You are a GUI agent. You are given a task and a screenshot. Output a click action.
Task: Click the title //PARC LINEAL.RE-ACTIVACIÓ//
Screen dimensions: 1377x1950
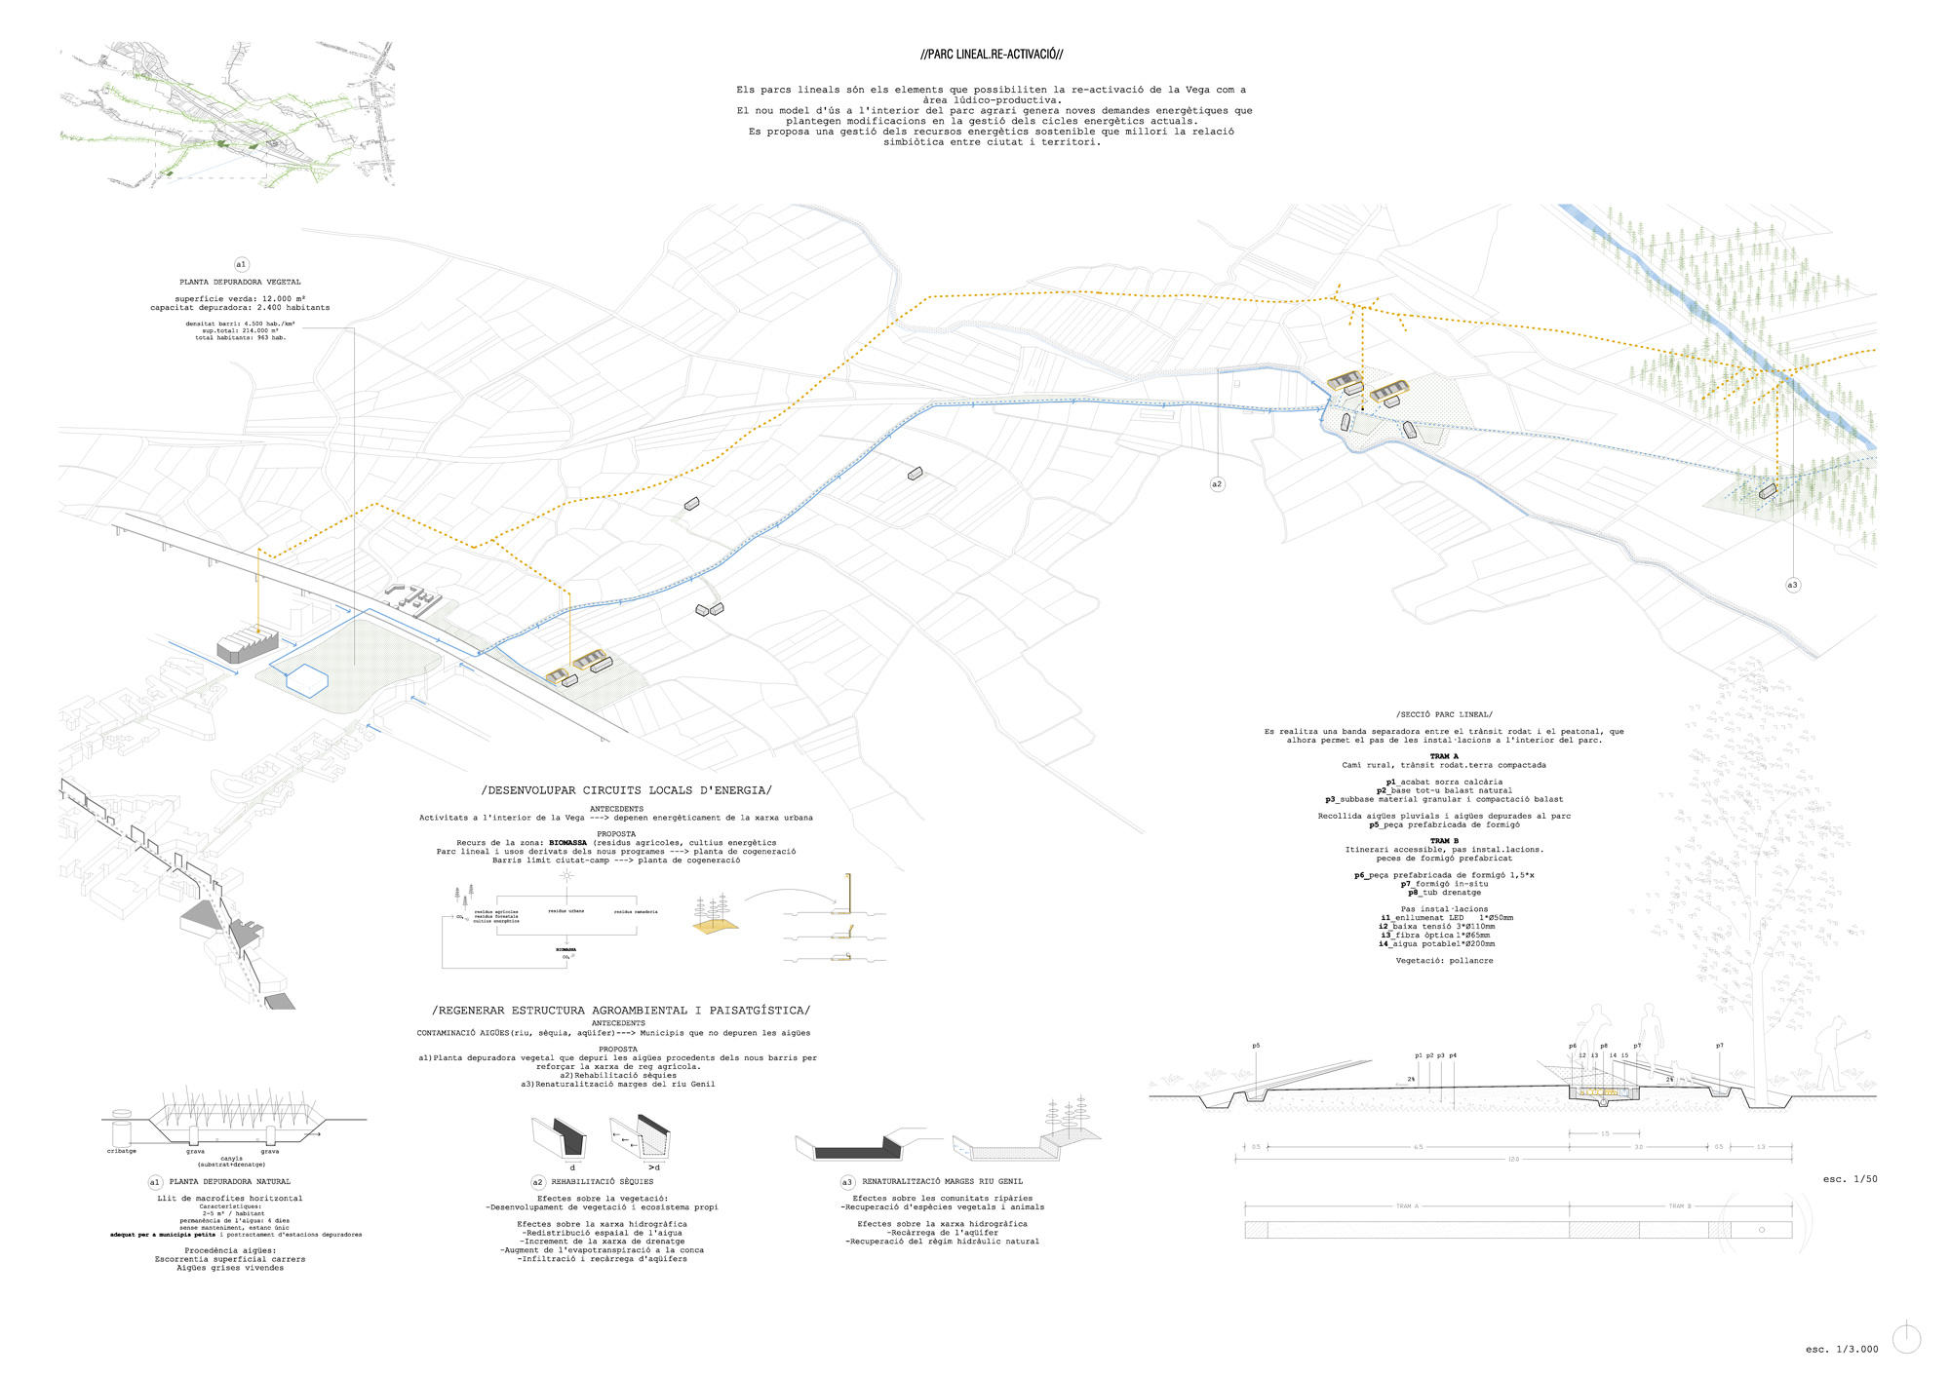point(992,55)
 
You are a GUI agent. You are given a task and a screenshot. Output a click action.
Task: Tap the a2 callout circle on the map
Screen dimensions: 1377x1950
point(1217,484)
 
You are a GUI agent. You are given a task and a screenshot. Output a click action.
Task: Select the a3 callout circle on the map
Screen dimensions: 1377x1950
point(1792,585)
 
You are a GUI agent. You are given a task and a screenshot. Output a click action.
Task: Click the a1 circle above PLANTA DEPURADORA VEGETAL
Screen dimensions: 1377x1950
point(241,264)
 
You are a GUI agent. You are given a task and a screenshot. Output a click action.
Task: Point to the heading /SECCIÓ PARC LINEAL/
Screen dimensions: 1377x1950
point(1444,714)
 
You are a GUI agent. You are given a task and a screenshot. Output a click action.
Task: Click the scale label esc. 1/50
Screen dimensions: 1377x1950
point(1850,1179)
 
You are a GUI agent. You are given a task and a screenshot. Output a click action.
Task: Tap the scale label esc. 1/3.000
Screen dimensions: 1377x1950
point(1841,1350)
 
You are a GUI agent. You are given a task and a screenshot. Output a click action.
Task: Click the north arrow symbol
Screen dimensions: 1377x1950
point(1906,1339)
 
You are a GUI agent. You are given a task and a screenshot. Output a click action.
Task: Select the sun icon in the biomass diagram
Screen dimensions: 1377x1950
point(566,875)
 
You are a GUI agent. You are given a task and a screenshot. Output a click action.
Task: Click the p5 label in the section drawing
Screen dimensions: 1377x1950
point(1256,1046)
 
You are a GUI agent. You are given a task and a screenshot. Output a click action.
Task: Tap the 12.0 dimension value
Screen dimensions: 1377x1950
point(1513,1160)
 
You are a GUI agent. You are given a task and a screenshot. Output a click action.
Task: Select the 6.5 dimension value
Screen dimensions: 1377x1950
point(1419,1147)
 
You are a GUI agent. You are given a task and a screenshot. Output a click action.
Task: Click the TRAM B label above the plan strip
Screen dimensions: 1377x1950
point(1677,1206)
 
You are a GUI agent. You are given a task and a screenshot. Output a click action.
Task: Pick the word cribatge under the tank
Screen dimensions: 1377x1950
point(122,1151)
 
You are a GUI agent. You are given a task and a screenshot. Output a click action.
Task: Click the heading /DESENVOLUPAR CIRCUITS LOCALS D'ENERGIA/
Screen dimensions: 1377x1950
point(626,790)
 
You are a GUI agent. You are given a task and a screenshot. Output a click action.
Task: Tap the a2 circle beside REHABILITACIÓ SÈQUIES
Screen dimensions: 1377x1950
point(537,1182)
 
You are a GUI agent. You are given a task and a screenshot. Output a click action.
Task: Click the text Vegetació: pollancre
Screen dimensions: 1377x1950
point(1444,961)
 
